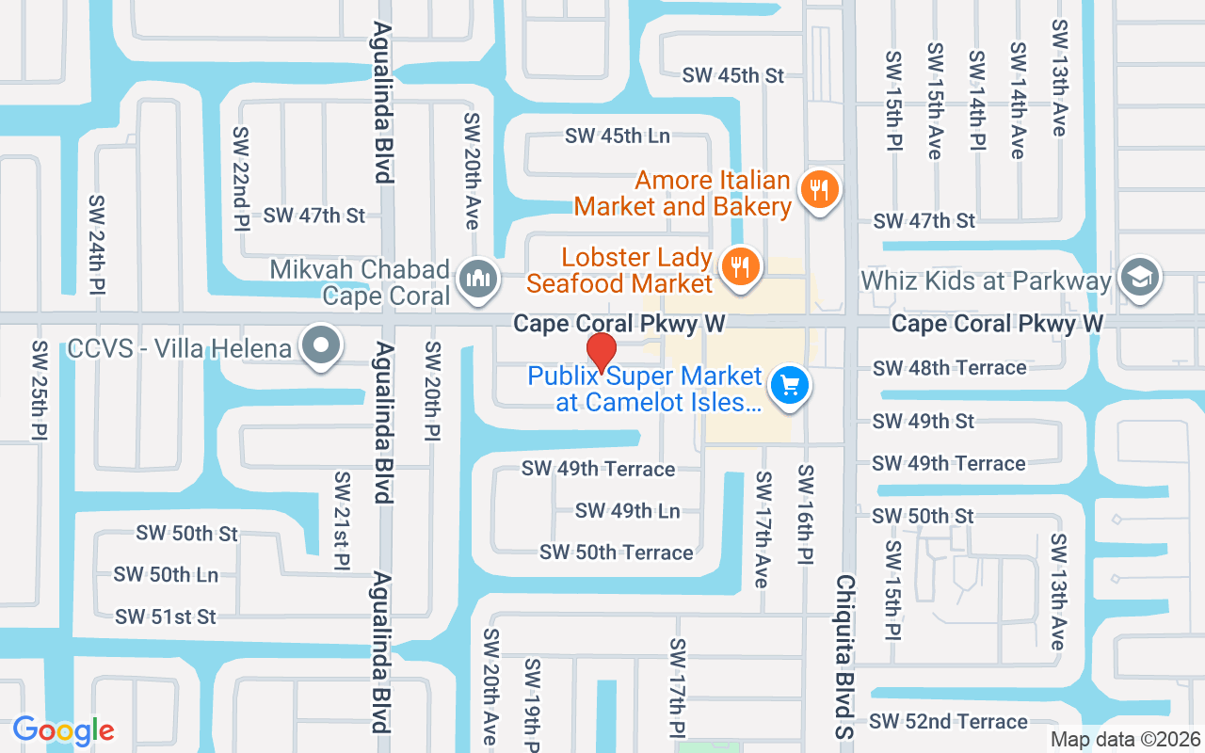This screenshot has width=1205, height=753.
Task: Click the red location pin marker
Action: [602, 352]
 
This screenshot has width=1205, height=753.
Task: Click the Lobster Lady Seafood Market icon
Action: [741, 266]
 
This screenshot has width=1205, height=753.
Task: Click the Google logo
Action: [64, 730]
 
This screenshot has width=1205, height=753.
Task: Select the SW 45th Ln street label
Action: [618, 136]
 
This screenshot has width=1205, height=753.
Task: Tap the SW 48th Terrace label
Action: [949, 368]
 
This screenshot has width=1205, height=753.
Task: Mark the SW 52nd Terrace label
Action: [948, 722]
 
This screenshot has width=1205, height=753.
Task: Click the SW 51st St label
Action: [166, 617]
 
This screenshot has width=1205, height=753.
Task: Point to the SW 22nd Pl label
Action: [241, 179]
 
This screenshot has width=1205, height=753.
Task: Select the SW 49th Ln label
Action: [627, 511]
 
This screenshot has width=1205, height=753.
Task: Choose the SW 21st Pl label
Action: [342, 521]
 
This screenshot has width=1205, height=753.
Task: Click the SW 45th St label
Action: [733, 75]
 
